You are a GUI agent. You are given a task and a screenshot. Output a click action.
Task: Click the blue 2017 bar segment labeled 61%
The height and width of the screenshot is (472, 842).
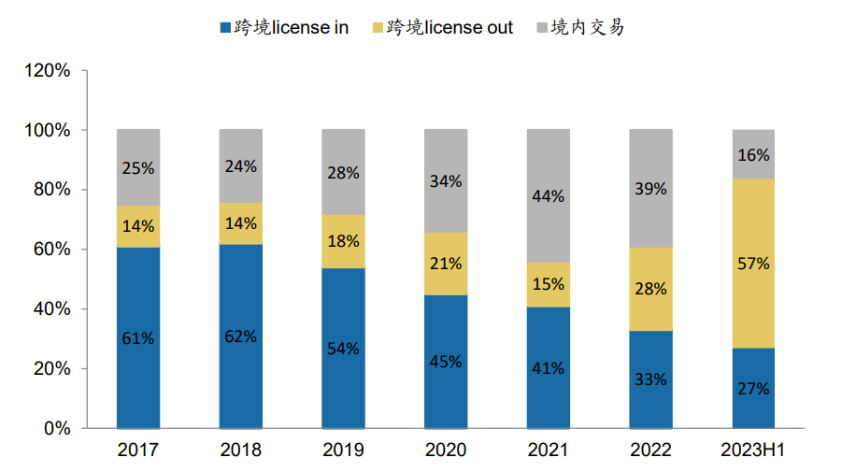click(x=138, y=337)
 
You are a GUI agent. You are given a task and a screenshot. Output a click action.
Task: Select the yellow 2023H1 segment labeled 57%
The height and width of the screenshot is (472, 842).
click(x=753, y=263)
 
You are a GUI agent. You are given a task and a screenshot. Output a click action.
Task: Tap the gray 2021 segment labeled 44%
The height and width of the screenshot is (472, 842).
click(x=549, y=195)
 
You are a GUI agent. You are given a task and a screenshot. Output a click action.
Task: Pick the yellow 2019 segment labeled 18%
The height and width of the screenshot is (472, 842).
click(x=343, y=241)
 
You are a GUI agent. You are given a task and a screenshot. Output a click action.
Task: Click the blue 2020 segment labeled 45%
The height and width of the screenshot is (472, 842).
click(x=446, y=361)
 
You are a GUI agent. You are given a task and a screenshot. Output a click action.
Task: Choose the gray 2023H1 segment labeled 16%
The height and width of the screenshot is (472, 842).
click(x=753, y=154)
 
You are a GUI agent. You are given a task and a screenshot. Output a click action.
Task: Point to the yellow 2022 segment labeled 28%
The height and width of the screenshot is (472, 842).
click(x=650, y=289)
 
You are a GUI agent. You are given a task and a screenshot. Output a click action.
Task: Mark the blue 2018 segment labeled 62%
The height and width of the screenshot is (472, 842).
click(x=241, y=336)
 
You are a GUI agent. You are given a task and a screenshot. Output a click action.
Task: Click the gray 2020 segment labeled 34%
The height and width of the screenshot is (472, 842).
click(x=446, y=180)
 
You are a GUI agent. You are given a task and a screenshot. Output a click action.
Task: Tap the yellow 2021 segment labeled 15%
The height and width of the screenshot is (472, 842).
click(x=549, y=284)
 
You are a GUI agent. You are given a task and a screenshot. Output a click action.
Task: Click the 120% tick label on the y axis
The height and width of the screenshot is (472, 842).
click(x=48, y=71)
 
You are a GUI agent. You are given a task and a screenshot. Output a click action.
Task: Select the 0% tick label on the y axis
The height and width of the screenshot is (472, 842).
click(x=55, y=428)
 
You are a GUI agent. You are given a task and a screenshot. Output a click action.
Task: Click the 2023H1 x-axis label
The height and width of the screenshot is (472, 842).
click(x=753, y=451)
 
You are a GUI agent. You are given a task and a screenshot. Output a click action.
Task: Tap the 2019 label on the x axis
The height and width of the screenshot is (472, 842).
click(x=343, y=451)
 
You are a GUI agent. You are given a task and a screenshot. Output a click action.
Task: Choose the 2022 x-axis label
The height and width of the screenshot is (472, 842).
click(x=650, y=451)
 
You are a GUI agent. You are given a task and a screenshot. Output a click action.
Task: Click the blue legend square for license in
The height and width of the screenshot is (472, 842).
click(x=224, y=28)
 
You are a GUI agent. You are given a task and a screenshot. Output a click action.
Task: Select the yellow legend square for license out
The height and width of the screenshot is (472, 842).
click(x=377, y=28)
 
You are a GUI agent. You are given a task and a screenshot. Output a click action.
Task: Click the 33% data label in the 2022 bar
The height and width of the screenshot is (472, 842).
click(x=650, y=379)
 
